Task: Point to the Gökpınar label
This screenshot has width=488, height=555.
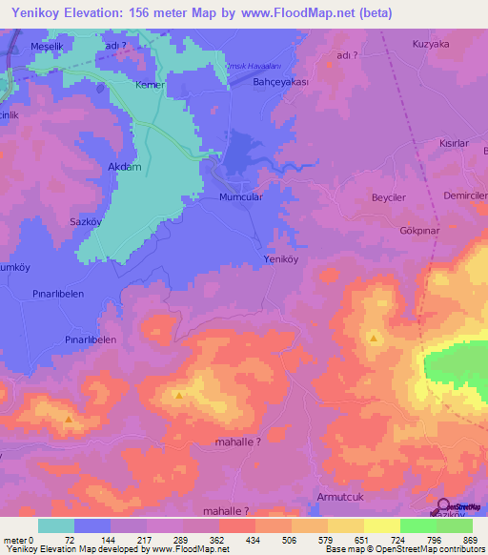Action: (x=418, y=231)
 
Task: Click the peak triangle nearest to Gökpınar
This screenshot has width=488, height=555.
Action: (x=374, y=339)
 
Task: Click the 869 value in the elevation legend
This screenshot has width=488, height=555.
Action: (x=467, y=540)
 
